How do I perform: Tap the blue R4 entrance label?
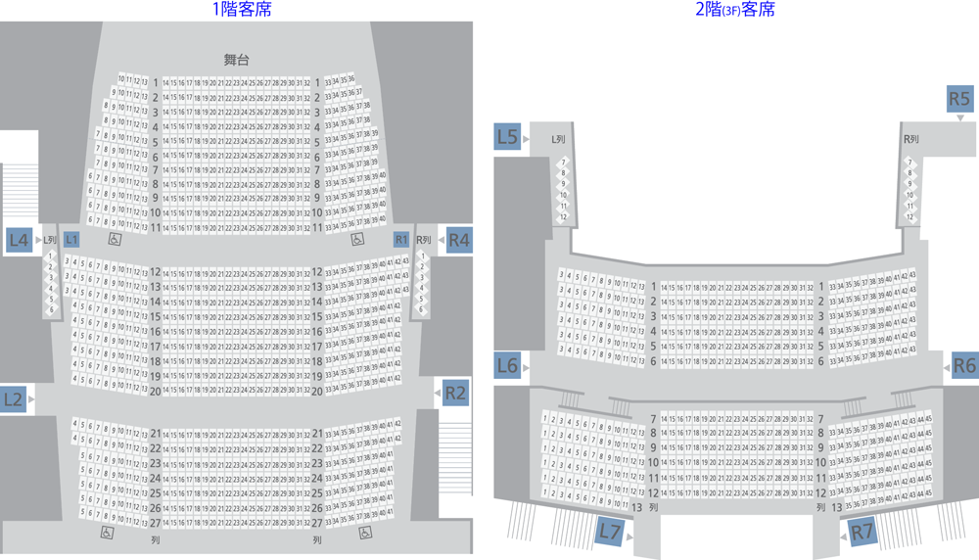pyautogui.click(x=458, y=239)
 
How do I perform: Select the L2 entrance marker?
pyautogui.click(x=14, y=398)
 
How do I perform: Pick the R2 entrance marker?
pyautogui.click(x=455, y=393)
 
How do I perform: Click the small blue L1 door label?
pyautogui.click(x=71, y=239)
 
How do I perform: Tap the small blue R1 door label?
pyautogui.click(x=400, y=239)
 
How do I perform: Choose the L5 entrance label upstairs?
pyautogui.click(x=507, y=137)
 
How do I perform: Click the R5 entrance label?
pyautogui.click(x=959, y=99)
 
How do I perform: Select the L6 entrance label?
pyautogui.click(x=507, y=365)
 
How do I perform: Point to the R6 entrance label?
pyautogui.click(x=964, y=365)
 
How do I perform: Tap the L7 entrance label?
pyautogui.click(x=610, y=532)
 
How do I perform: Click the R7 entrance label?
pyautogui.click(x=862, y=532)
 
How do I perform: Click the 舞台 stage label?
pyautogui.click(x=236, y=60)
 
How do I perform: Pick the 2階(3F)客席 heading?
pyautogui.click(x=735, y=11)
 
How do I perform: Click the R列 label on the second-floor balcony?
pyautogui.click(x=910, y=139)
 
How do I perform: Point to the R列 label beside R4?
pyautogui.click(x=424, y=240)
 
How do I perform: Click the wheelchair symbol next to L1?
pyautogui.click(x=115, y=239)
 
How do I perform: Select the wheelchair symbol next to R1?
pyautogui.click(x=357, y=239)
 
